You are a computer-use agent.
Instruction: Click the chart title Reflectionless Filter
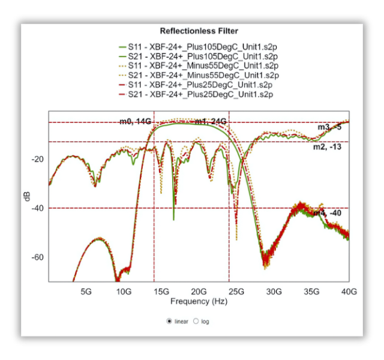[x=199, y=31]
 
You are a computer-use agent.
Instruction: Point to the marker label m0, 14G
[x=135, y=122]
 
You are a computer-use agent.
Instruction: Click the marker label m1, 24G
[x=210, y=122]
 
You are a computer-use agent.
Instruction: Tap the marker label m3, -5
[x=329, y=127]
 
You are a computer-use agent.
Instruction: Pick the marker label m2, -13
[x=327, y=147]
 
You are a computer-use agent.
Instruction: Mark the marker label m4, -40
[x=327, y=213]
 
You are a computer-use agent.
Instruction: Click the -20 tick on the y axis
[x=38, y=159]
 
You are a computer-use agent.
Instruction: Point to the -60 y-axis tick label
[x=38, y=257]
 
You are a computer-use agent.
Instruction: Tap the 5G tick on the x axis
[x=86, y=292]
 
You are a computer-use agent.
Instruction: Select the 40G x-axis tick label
[x=349, y=292]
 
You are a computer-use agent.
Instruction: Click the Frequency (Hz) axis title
[x=198, y=301]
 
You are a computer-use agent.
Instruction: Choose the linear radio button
[x=170, y=322]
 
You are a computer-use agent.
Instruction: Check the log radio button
[x=196, y=322]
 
